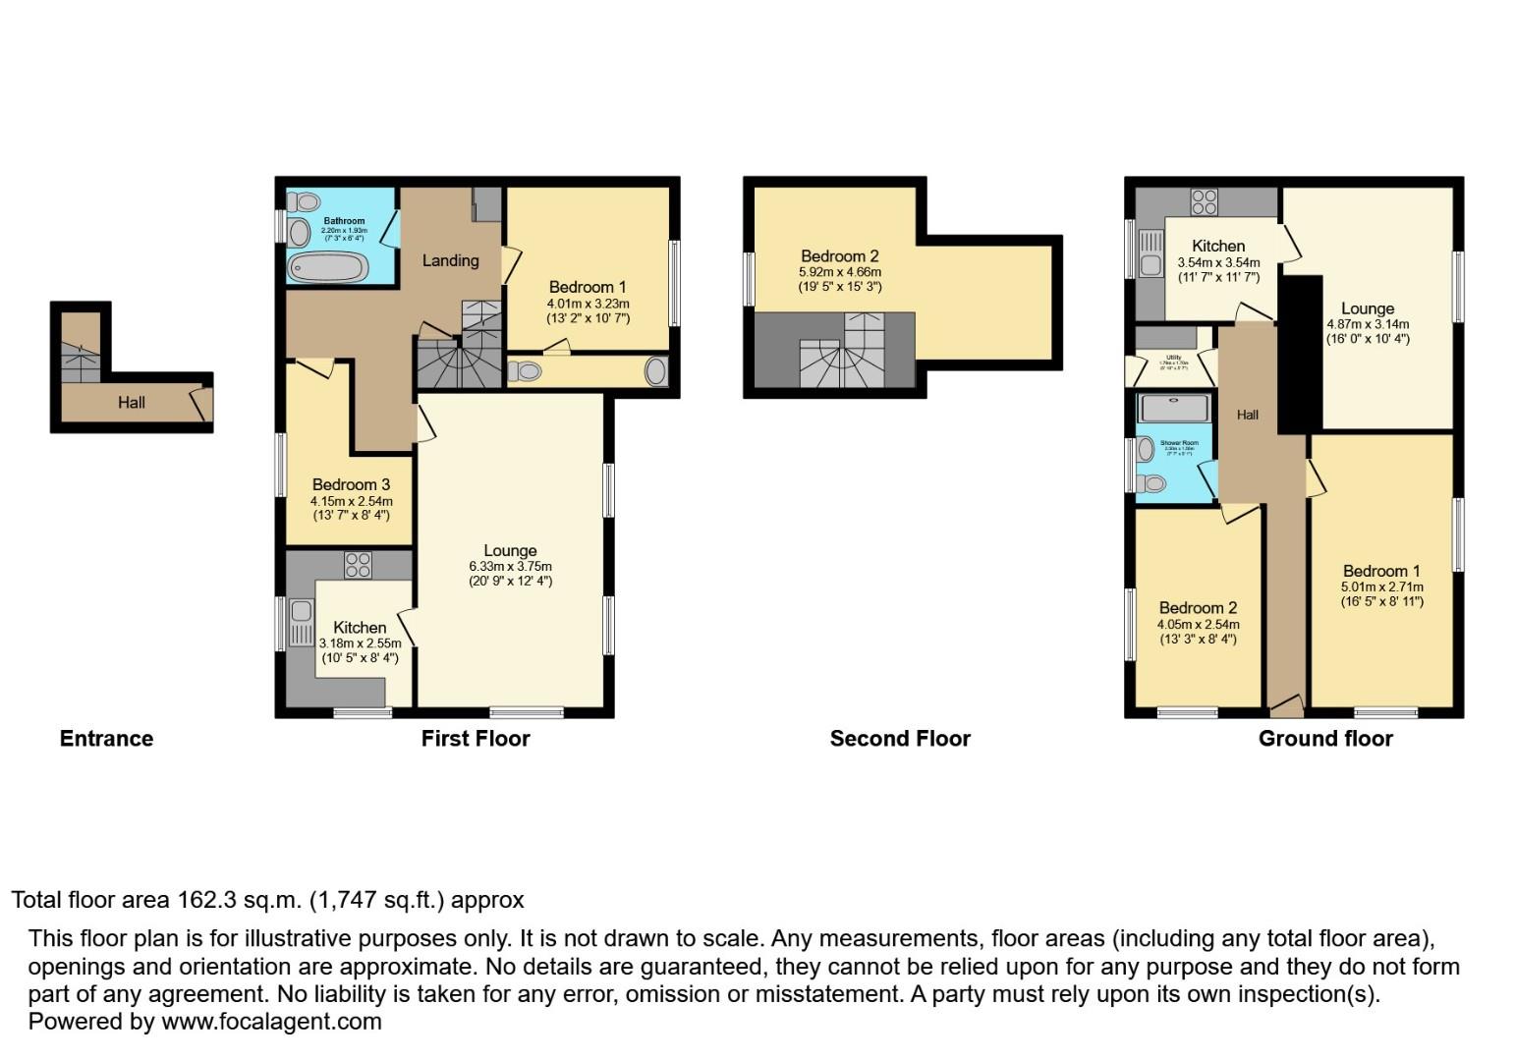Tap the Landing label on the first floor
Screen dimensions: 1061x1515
click(450, 260)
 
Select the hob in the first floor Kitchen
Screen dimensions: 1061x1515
click(359, 565)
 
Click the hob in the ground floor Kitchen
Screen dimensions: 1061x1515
click(1204, 201)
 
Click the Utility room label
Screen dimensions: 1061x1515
click(1173, 358)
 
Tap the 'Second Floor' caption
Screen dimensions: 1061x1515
click(899, 739)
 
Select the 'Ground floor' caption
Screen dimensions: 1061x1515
click(1325, 739)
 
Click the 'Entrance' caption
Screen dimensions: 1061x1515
click(106, 739)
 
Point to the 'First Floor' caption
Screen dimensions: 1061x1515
click(476, 739)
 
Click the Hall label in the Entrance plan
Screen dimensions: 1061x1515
click(132, 402)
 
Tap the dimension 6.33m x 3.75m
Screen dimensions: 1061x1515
click(510, 567)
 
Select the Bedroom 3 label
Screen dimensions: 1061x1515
click(351, 484)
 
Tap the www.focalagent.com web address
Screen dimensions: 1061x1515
click(271, 1021)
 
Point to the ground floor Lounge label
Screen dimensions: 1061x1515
click(1367, 308)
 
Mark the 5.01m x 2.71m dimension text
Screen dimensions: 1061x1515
click(1381, 587)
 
